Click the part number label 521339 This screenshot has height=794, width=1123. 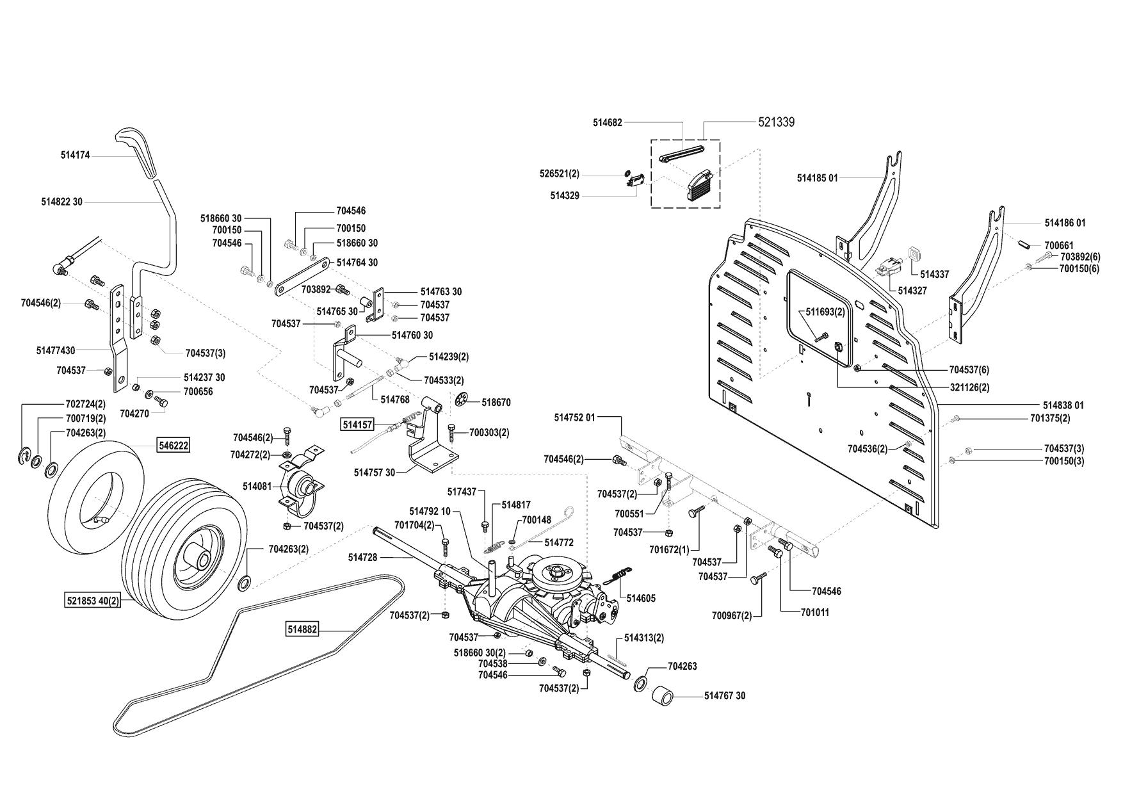(x=776, y=122)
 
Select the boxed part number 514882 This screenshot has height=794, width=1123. (x=302, y=630)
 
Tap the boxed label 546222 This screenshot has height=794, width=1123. (x=174, y=445)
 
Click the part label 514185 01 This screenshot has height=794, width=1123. (x=817, y=178)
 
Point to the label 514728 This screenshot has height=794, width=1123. (x=362, y=558)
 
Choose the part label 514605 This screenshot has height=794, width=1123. (x=641, y=599)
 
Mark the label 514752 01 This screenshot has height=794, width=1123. (x=574, y=417)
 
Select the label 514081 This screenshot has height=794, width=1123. (x=257, y=486)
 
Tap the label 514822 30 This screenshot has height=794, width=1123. (x=61, y=202)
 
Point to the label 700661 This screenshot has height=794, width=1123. (x=1059, y=245)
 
